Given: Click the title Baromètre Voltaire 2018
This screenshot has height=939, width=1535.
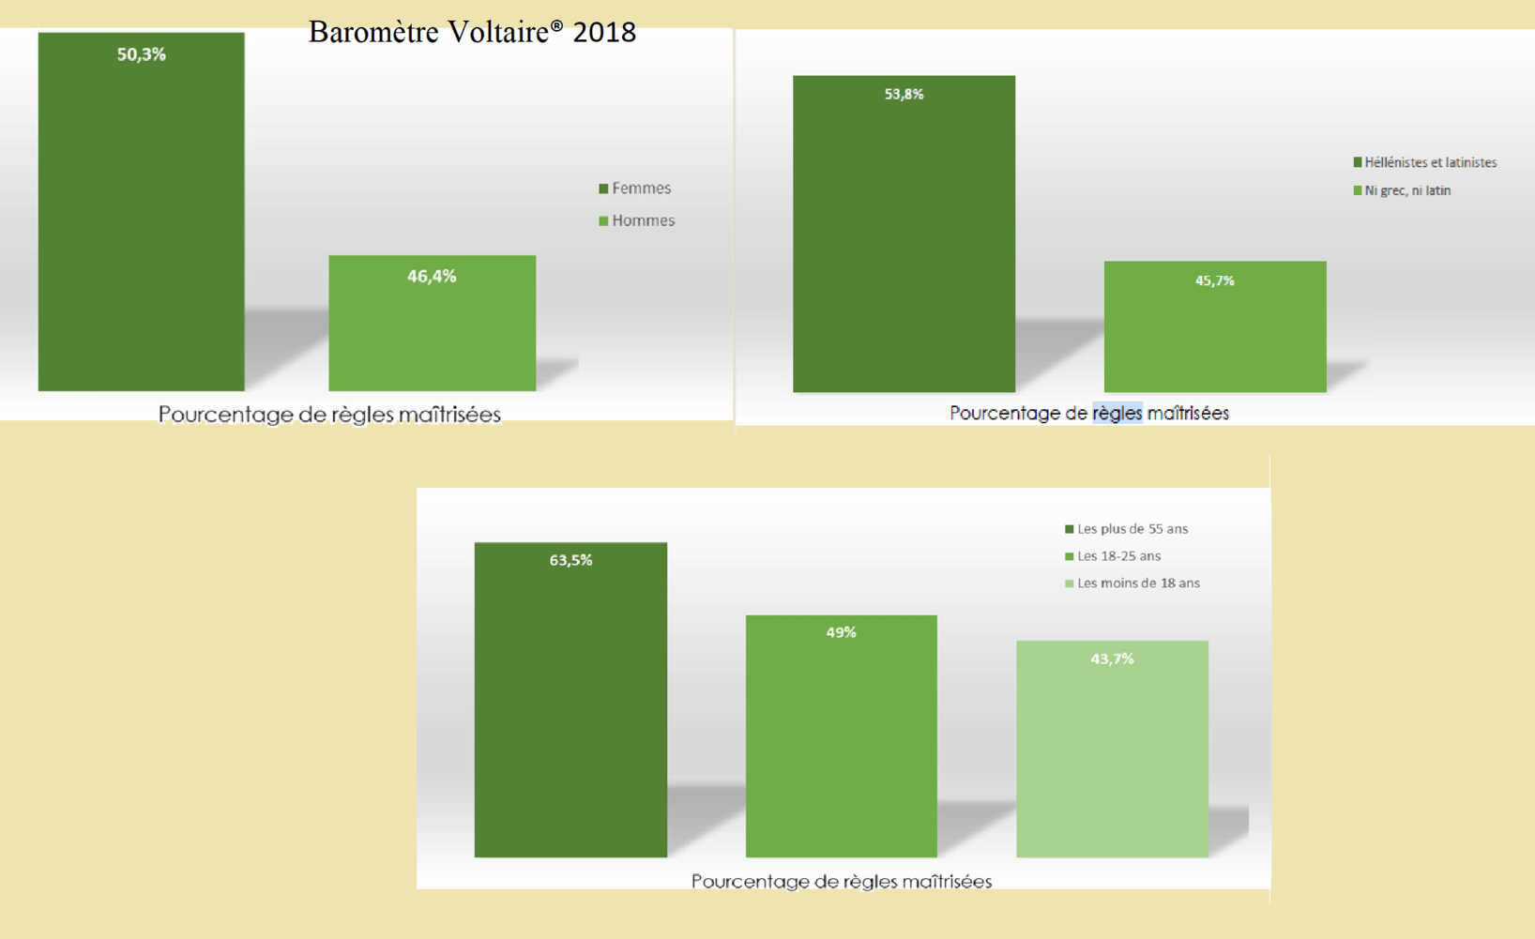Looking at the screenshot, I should [x=472, y=32].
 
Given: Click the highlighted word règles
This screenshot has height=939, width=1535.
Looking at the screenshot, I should [x=1117, y=413].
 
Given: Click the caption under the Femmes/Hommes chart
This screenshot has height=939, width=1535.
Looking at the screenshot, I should [x=329, y=415].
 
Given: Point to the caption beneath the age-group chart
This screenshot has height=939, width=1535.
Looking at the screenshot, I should [x=842, y=882].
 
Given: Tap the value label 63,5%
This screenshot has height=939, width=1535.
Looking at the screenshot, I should [x=570, y=560].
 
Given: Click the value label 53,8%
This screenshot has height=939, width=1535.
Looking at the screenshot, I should [x=904, y=94].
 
